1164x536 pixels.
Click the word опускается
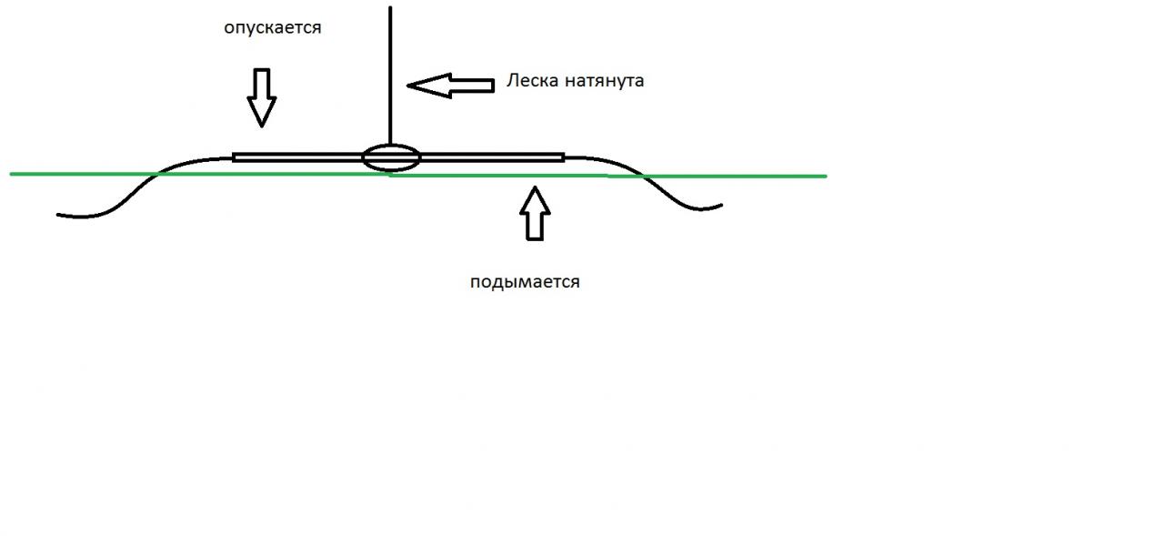pos(273,27)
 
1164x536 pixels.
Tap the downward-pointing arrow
pos(262,96)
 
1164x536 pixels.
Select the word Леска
pos(532,81)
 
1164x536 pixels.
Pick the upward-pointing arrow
pos(535,213)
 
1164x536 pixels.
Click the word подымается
pos(525,282)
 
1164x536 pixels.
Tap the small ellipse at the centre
pos(391,157)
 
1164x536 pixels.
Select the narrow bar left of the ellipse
pos(297,157)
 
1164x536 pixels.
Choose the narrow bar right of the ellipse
pos(492,157)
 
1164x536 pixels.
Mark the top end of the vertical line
pos(390,7)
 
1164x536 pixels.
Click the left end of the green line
pos(12,173)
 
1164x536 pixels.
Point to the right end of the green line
pos(826,176)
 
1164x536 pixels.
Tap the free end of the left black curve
pos(58,215)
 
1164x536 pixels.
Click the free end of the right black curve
pos(721,205)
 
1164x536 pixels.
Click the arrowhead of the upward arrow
pos(535,192)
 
